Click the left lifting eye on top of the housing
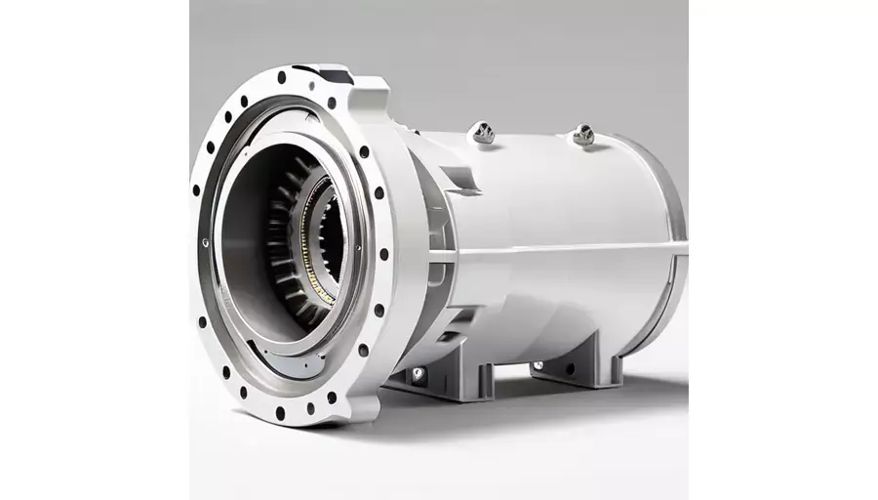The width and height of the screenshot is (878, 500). tap(481, 131)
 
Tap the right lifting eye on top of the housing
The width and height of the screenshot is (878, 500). tap(583, 135)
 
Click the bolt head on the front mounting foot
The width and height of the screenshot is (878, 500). tap(419, 373)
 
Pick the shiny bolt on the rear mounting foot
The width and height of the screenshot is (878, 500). tap(538, 366)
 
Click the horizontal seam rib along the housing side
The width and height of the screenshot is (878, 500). tap(566, 249)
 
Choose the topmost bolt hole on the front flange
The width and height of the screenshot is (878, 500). tap(282, 77)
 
